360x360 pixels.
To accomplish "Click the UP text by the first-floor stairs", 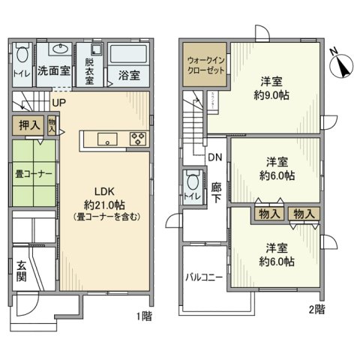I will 58,103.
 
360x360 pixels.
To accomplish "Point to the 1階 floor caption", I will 144,316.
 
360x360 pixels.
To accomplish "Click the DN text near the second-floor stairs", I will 214,158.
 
